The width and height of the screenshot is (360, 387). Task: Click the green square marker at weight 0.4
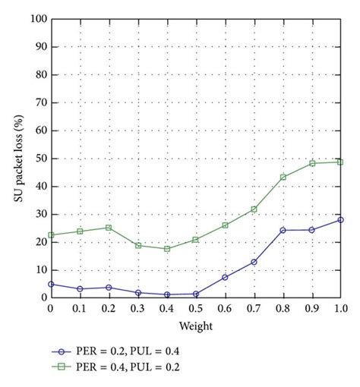click(167, 249)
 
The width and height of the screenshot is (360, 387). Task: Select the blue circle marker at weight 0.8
click(283, 230)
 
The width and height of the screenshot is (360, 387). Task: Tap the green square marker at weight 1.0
click(341, 162)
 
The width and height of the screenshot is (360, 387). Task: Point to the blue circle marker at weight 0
click(51, 284)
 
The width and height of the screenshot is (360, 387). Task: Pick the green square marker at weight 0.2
click(109, 228)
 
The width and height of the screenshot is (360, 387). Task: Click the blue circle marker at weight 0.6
click(225, 277)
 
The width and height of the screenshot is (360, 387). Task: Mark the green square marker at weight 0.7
click(254, 209)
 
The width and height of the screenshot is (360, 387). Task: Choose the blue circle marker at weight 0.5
click(196, 294)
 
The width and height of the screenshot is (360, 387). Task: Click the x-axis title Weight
click(195, 326)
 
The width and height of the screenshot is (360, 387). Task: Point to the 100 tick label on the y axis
click(36, 18)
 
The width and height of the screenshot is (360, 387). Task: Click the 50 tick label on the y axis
click(39, 159)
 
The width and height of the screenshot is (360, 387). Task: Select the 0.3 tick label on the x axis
click(138, 310)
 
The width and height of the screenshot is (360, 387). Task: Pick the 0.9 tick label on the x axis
click(312, 310)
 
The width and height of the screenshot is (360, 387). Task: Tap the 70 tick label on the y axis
click(39, 102)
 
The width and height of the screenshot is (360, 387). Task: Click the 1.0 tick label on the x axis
click(341, 310)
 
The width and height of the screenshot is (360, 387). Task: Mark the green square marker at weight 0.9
click(312, 163)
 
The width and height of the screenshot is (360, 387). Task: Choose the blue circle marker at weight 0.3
click(138, 293)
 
